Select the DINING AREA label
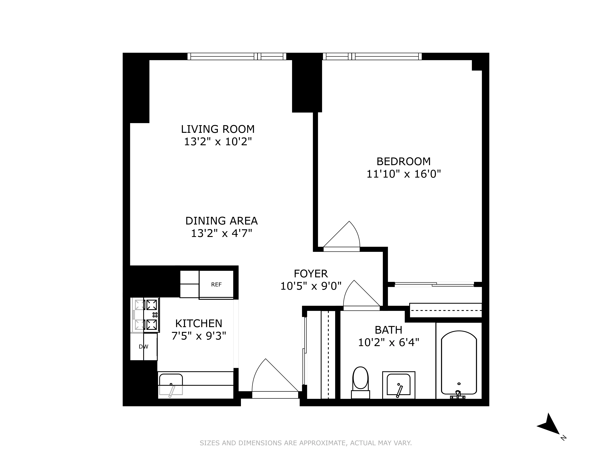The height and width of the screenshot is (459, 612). click(221, 221)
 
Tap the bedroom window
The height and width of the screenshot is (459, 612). click(372, 56)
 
